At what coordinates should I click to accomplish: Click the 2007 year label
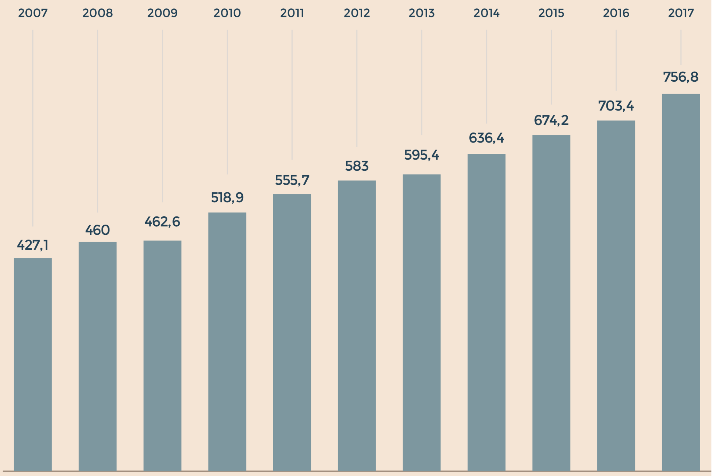[33, 13]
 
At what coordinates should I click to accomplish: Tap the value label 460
[97, 230]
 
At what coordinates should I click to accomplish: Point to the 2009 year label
[162, 13]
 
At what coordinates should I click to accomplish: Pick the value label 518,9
[227, 197]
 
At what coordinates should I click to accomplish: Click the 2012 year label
[357, 13]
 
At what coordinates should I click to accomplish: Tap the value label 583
[357, 166]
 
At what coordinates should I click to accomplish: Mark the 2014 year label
[486, 13]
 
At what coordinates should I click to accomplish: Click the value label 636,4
[486, 138]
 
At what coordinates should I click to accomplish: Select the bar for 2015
[551, 303]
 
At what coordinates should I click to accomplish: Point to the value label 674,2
[551, 120]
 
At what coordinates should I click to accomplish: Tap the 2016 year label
[616, 13]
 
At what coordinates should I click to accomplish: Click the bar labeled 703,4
[616, 296]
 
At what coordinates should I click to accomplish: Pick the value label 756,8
[681, 77]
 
